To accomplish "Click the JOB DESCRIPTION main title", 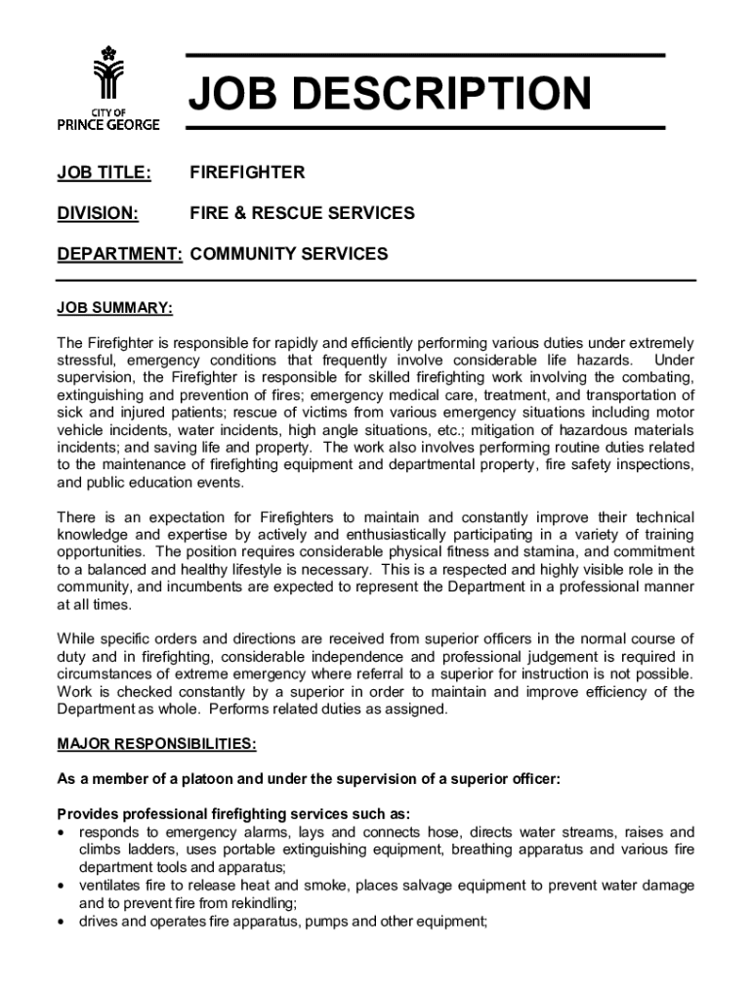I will pyautogui.click(x=389, y=95).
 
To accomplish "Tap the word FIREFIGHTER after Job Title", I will pyautogui.click(x=247, y=173).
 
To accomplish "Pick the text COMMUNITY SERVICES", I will pyautogui.click(x=289, y=254).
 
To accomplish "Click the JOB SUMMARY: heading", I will pyautogui.click(x=115, y=309).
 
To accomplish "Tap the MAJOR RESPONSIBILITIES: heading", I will pyautogui.click(x=157, y=745).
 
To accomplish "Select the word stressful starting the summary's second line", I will pyautogui.click(x=87, y=361).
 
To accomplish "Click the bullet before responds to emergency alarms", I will pyautogui.click(x=63, y=833).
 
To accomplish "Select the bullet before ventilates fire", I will pyautogui.click(x=63, y=886).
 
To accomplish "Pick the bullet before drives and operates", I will pyautogui.click(x=63, y=921).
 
